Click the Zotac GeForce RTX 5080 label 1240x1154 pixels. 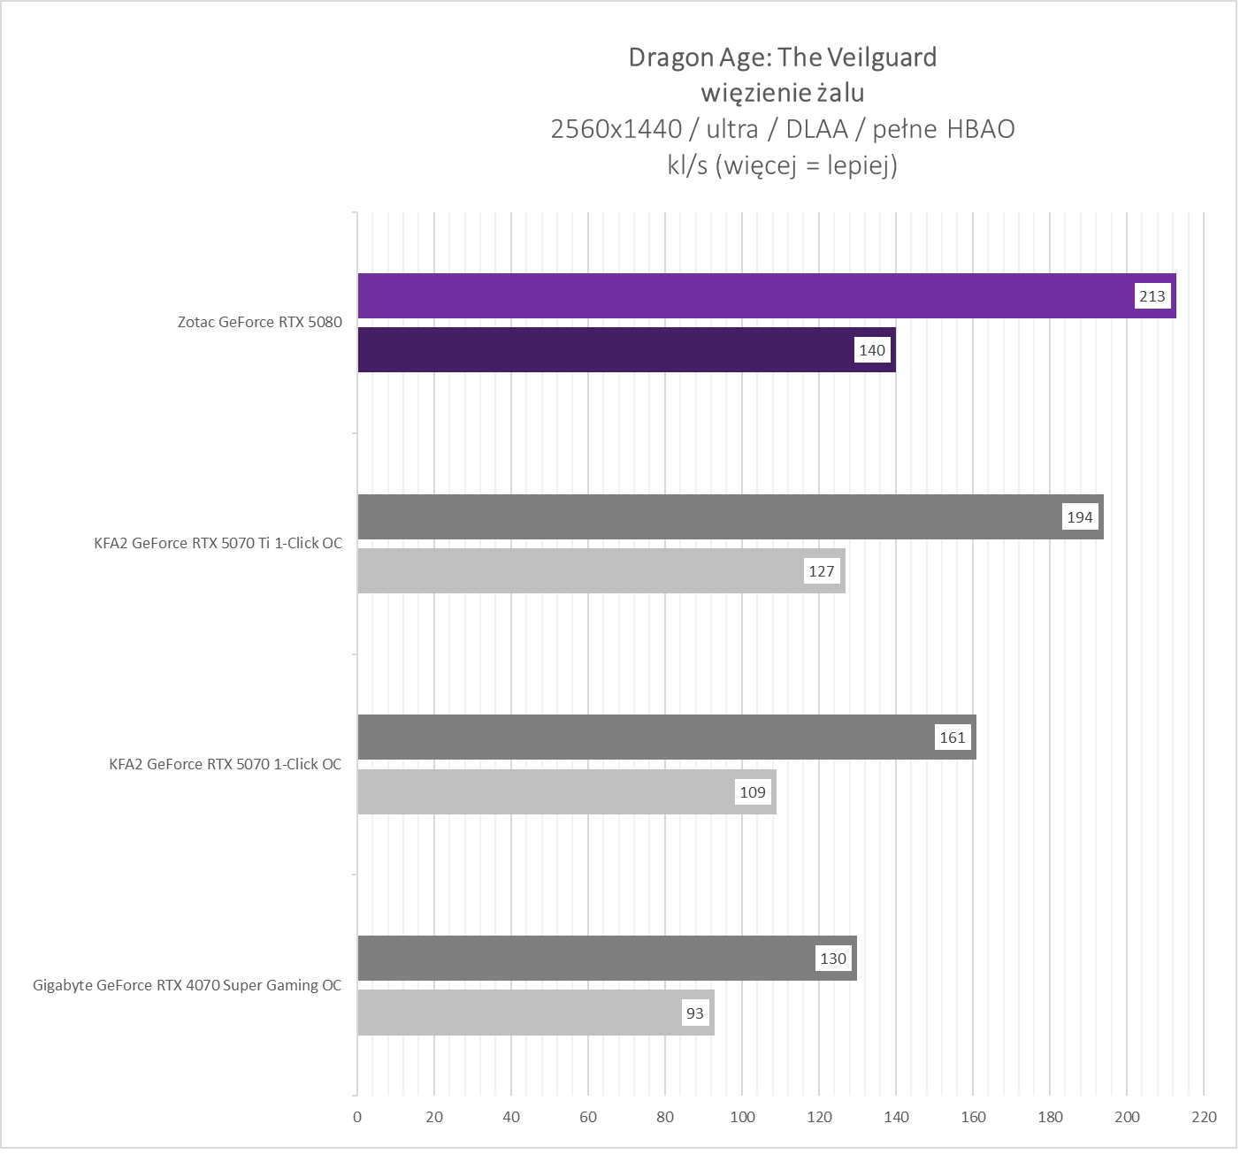coord(259,322)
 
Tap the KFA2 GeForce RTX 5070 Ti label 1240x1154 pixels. coord(218,543)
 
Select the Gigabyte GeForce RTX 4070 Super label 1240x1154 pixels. coord(187,985)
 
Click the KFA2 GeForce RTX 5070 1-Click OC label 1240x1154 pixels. coord(225,764)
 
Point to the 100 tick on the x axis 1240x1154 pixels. coord(742,1117)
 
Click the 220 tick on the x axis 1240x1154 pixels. coord(1204,1117)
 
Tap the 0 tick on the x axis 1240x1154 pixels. coord(357,1117)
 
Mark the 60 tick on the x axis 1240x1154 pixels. coord(588,1117)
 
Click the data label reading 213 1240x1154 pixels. coord(1152,296)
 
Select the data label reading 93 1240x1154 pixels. coord(695,1013)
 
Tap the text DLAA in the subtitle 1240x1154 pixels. coord(816,129)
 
